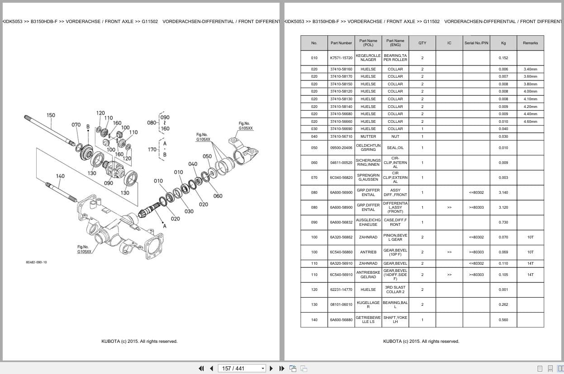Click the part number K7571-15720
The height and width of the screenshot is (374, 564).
pos(341,58)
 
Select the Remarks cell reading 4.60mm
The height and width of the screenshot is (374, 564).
pos(530,122)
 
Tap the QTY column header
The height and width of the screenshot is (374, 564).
pos(422,43)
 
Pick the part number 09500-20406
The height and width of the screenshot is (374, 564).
pos(341,148)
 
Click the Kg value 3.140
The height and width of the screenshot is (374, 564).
pos(503,192)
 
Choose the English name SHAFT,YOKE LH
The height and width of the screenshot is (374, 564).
pos(395,320)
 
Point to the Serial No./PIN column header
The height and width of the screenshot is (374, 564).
pos(476,43)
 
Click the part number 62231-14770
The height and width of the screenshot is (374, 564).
pos(341,290)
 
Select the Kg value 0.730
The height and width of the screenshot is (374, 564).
pos(503,222)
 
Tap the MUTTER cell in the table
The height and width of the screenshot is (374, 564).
pos(368,136)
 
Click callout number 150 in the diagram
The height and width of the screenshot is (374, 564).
pos(51,115)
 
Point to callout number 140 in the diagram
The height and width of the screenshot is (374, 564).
pos(60,176)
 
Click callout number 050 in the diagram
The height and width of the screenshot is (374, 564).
pos(207,156)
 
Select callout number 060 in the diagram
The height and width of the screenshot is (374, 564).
pos(218,196)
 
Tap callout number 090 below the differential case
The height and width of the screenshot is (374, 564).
pos(109,183)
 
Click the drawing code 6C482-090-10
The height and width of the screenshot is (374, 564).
pos(36,262)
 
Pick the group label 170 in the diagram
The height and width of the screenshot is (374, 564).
pos(152,150)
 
